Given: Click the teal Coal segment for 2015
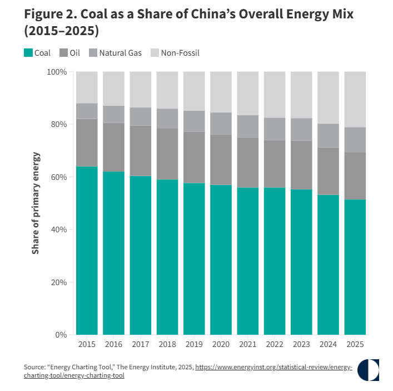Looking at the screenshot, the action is [87, 251].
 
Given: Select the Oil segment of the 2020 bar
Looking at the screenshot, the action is [221, 160].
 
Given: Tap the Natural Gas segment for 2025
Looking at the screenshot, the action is [355, 140].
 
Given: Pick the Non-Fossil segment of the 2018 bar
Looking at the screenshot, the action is [167, 90].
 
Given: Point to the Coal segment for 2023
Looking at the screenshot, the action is [301, 262].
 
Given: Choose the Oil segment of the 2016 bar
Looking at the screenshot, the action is [113, 147].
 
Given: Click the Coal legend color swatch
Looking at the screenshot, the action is [28, 53].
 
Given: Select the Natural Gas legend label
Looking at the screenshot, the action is [120, 53].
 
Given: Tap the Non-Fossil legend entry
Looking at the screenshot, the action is [175, 53].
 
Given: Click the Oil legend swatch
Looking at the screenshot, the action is [64, 53].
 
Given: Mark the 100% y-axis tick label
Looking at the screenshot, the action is [57, 72].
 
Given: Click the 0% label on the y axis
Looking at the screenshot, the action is [61, 335].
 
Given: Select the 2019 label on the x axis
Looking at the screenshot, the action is [194, 344].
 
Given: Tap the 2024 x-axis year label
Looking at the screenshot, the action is [328, 344].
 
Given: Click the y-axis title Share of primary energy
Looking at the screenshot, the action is [36, 203].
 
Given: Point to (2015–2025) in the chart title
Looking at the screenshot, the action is [62, 31].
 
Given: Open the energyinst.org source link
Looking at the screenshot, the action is [188, 371].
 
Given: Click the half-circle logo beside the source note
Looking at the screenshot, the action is [368, 370].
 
